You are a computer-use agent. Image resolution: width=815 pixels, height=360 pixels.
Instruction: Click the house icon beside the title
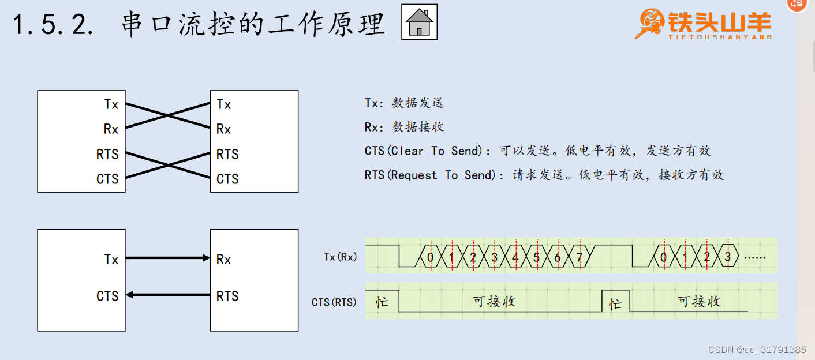pos(419,22)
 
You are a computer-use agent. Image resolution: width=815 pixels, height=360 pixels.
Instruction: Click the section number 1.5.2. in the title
pos(53,25)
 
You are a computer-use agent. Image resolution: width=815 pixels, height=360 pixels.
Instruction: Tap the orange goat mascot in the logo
pos(651,24)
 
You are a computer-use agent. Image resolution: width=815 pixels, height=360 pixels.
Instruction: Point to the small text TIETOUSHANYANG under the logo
pos(720,37)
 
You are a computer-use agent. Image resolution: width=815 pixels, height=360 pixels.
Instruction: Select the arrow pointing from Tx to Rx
pos(167,258)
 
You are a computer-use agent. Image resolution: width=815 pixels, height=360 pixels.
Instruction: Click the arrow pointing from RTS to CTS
pos(167,295)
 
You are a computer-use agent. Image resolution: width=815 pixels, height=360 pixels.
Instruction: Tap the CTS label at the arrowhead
pos(107,296)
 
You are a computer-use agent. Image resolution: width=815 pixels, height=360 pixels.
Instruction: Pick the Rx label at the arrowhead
pos(223,260)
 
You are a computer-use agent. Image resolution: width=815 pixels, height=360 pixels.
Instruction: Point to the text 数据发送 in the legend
pos(418,103)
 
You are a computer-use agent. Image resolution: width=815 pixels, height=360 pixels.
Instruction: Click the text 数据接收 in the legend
pos(418,127)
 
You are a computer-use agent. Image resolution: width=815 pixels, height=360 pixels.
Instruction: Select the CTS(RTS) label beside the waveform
pos(334,302)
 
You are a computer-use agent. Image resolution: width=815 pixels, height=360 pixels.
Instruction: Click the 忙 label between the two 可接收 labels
pos(615,303)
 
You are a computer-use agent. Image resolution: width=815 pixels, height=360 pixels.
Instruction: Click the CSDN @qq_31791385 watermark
pos(757,350)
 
